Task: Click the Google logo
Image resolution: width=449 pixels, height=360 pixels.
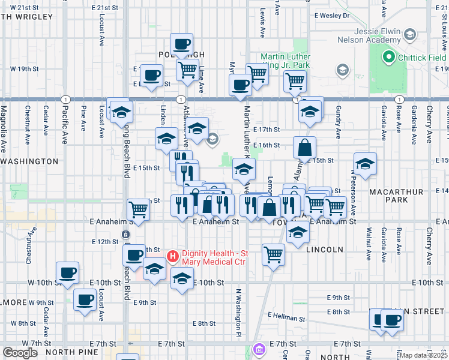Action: [x=20, y=353]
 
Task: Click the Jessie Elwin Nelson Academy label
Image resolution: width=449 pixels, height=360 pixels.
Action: [x=366, y=35]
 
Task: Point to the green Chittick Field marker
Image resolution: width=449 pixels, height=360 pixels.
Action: [x=388, y=58]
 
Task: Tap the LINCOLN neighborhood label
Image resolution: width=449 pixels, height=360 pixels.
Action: [x=325, y=249]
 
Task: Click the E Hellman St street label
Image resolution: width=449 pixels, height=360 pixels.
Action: [x=288, y=315]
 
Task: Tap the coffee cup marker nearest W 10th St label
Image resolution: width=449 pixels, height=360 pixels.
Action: [x=67, y=272]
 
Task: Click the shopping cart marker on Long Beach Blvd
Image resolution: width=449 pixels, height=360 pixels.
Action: [x=138, y=209]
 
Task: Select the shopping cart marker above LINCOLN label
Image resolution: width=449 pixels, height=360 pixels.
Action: [x=273, y=253]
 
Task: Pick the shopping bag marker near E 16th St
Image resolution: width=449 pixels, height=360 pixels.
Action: [x=305, y=146]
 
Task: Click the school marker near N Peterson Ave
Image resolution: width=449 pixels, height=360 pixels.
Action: [x=365, y=163]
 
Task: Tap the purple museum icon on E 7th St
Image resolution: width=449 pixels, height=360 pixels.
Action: [x=259, y=348]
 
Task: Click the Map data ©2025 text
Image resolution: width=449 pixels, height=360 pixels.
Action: [x=424, y=355]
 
